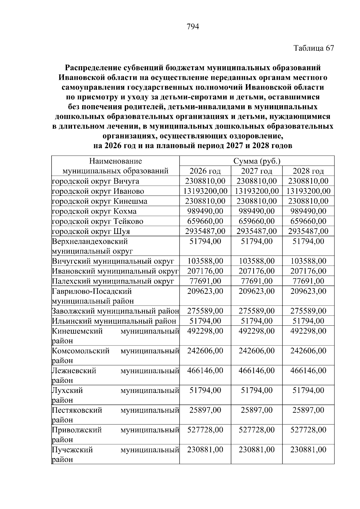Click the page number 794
[x=193, y=27]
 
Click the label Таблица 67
[x=313, y=48]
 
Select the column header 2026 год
[x=205, y=171]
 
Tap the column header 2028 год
[x=308, y=171]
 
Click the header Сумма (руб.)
[x=257, y=161]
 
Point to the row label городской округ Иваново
[x=98, y=191]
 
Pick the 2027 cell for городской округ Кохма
[x=256, y=211]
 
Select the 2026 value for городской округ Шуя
[x=205, y=231]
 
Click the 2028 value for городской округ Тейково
[x=308, y=221]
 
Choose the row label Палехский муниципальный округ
[x=113, y=281]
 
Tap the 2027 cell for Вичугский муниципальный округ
[x=256, y=261]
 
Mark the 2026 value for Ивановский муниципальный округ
[x=205, y=271]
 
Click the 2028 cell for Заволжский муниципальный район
[x=308, y=311]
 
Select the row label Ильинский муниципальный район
[x=114, y=321]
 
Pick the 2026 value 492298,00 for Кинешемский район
[x=205, y=331]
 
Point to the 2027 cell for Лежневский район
[x=256, y=371]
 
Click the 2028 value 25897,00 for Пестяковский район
[x=308, y=410]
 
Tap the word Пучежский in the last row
[x=72, y=450]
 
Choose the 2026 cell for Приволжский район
[x=205, y=430]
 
